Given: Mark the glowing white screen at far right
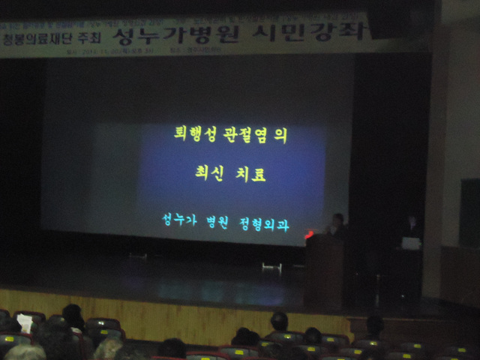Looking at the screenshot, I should [411, 243].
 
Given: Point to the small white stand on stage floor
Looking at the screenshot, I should [271, 266].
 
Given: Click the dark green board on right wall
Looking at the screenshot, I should [469, 213].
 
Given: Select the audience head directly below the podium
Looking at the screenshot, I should [279, 322].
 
